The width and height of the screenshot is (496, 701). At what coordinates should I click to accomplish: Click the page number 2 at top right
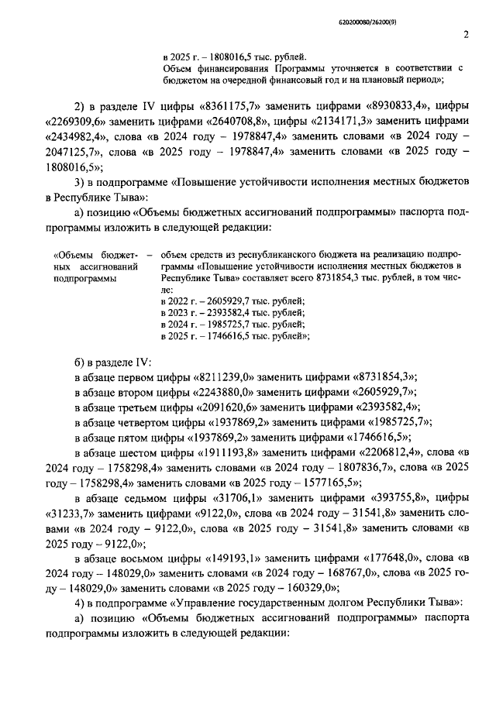pos(466,34)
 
